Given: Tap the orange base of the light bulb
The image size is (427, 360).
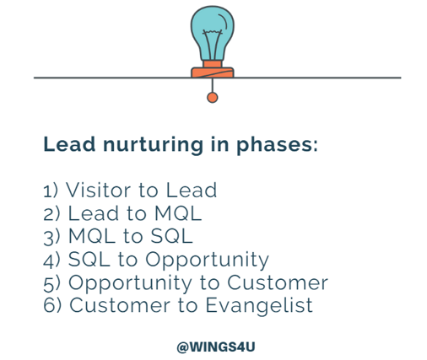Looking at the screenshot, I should [213, 69].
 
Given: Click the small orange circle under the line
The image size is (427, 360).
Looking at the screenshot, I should [213, 98].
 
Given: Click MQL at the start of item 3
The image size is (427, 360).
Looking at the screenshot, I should [90, 236].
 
